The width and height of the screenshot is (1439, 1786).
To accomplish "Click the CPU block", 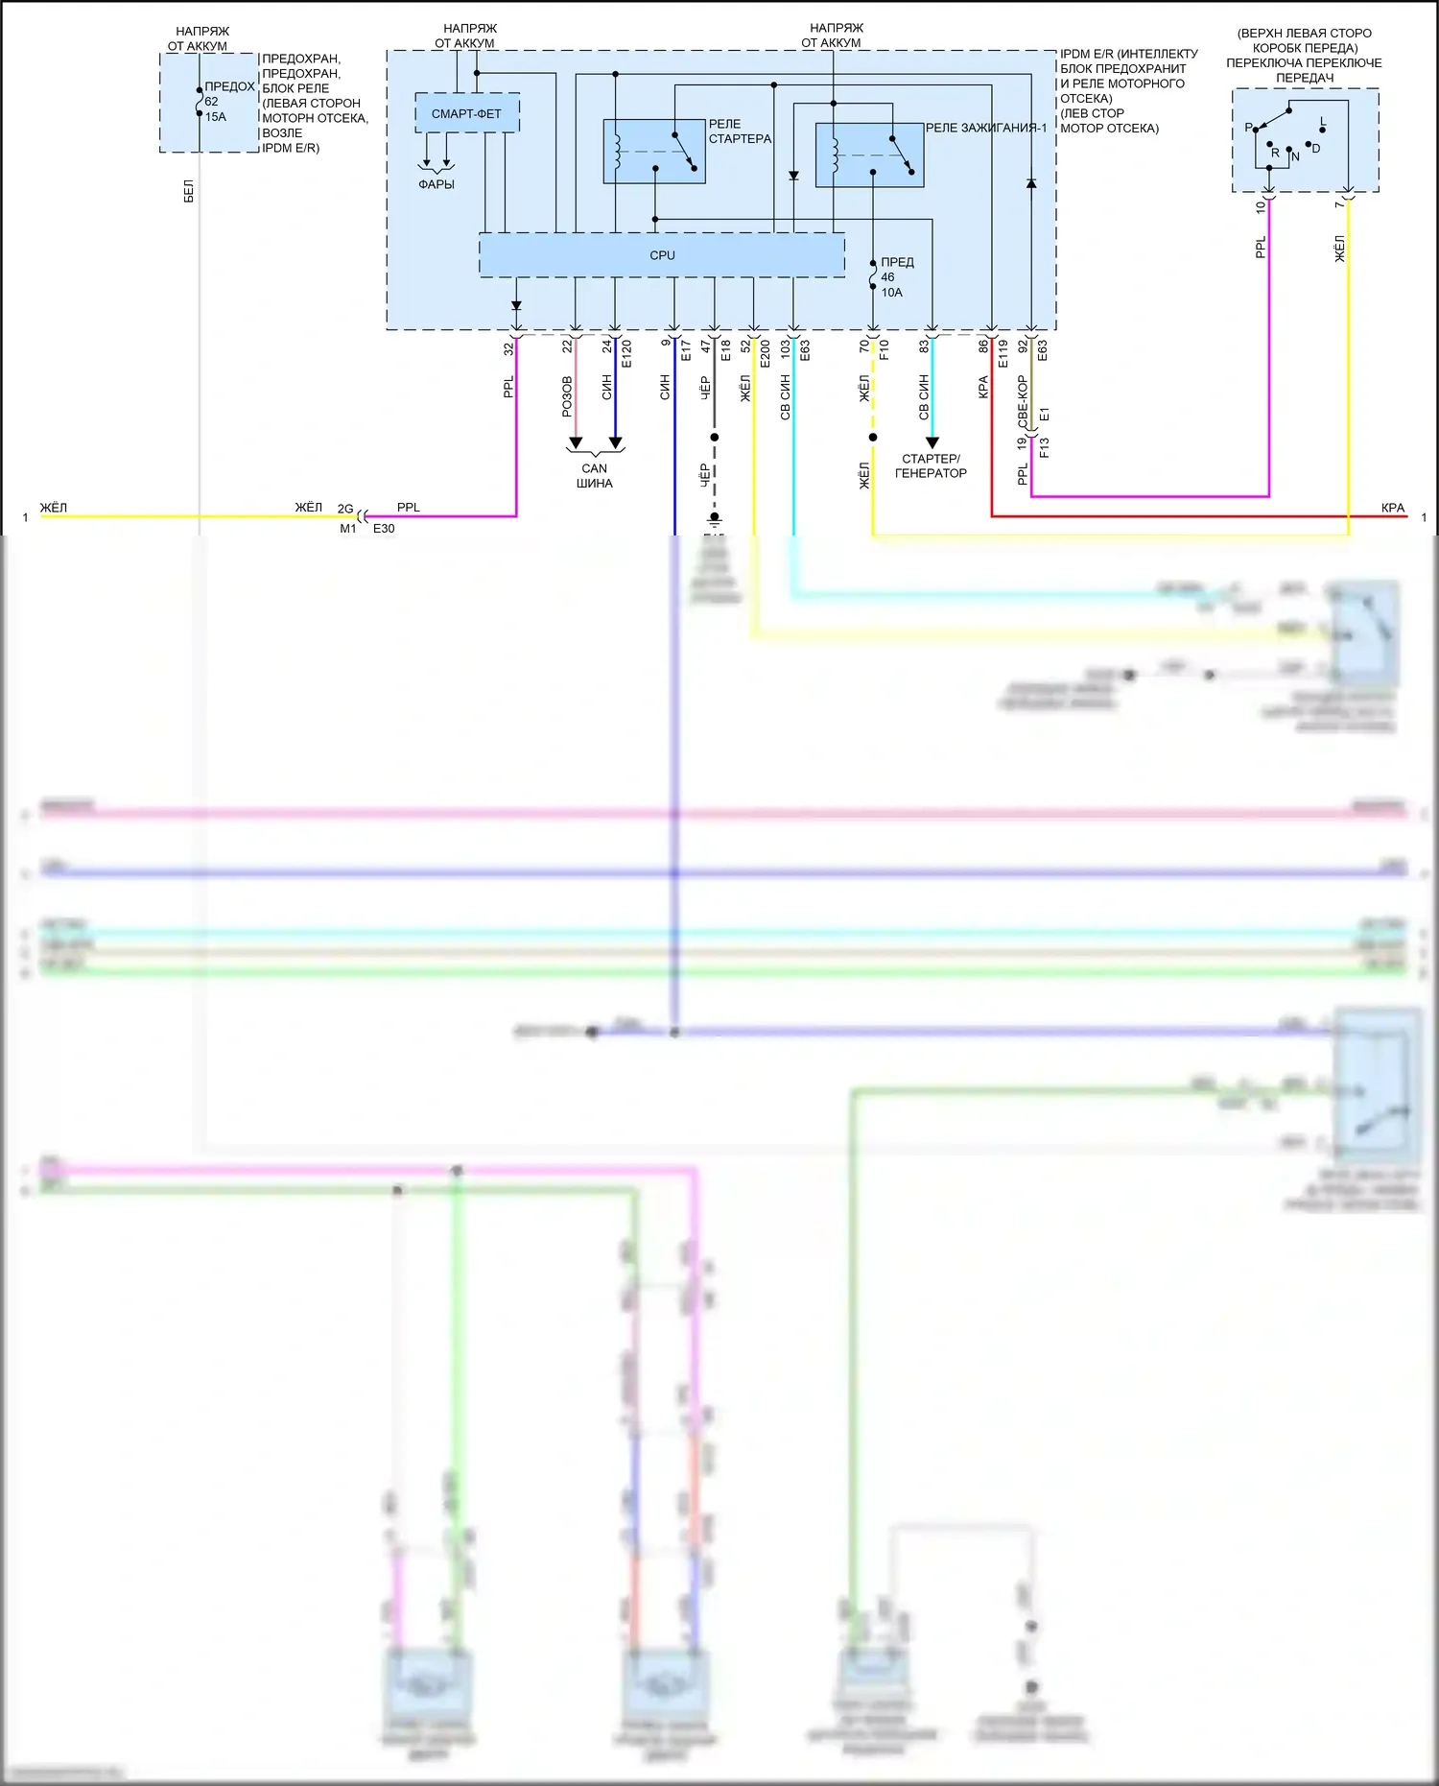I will point(662,255).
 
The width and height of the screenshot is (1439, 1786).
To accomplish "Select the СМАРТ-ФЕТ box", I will point(466,113).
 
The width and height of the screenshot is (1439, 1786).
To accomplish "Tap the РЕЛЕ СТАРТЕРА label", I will point(740,131).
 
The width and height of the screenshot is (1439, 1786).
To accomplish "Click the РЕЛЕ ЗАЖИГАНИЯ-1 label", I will point(986,128).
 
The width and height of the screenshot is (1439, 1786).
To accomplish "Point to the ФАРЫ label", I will point(436,184).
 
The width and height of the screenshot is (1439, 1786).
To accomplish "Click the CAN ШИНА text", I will point(595,476).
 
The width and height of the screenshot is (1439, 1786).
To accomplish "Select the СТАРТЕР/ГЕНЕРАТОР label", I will point(931,465).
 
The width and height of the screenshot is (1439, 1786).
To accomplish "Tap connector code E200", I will point(765,354).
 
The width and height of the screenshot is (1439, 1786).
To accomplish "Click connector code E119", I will point(1003,353).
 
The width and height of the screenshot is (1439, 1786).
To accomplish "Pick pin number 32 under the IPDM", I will point(508,349).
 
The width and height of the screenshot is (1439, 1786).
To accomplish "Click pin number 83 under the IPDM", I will point(924,346).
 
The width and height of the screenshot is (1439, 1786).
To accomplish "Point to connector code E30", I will point(384,528).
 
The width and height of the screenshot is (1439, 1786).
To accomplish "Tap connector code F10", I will point(884,349).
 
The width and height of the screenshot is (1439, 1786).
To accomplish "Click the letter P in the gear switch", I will point(1248,128).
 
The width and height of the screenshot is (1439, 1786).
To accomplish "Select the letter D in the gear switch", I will point(1316,149).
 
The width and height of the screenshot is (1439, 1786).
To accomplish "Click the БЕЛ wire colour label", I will point(189,191).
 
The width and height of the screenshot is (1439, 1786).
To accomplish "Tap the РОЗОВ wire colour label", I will point(567,395).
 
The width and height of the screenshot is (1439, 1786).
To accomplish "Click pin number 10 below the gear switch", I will point(1261,205).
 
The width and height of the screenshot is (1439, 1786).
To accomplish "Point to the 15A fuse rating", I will point(215,117).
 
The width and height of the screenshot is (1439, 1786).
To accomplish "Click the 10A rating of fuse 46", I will point(892,293).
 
